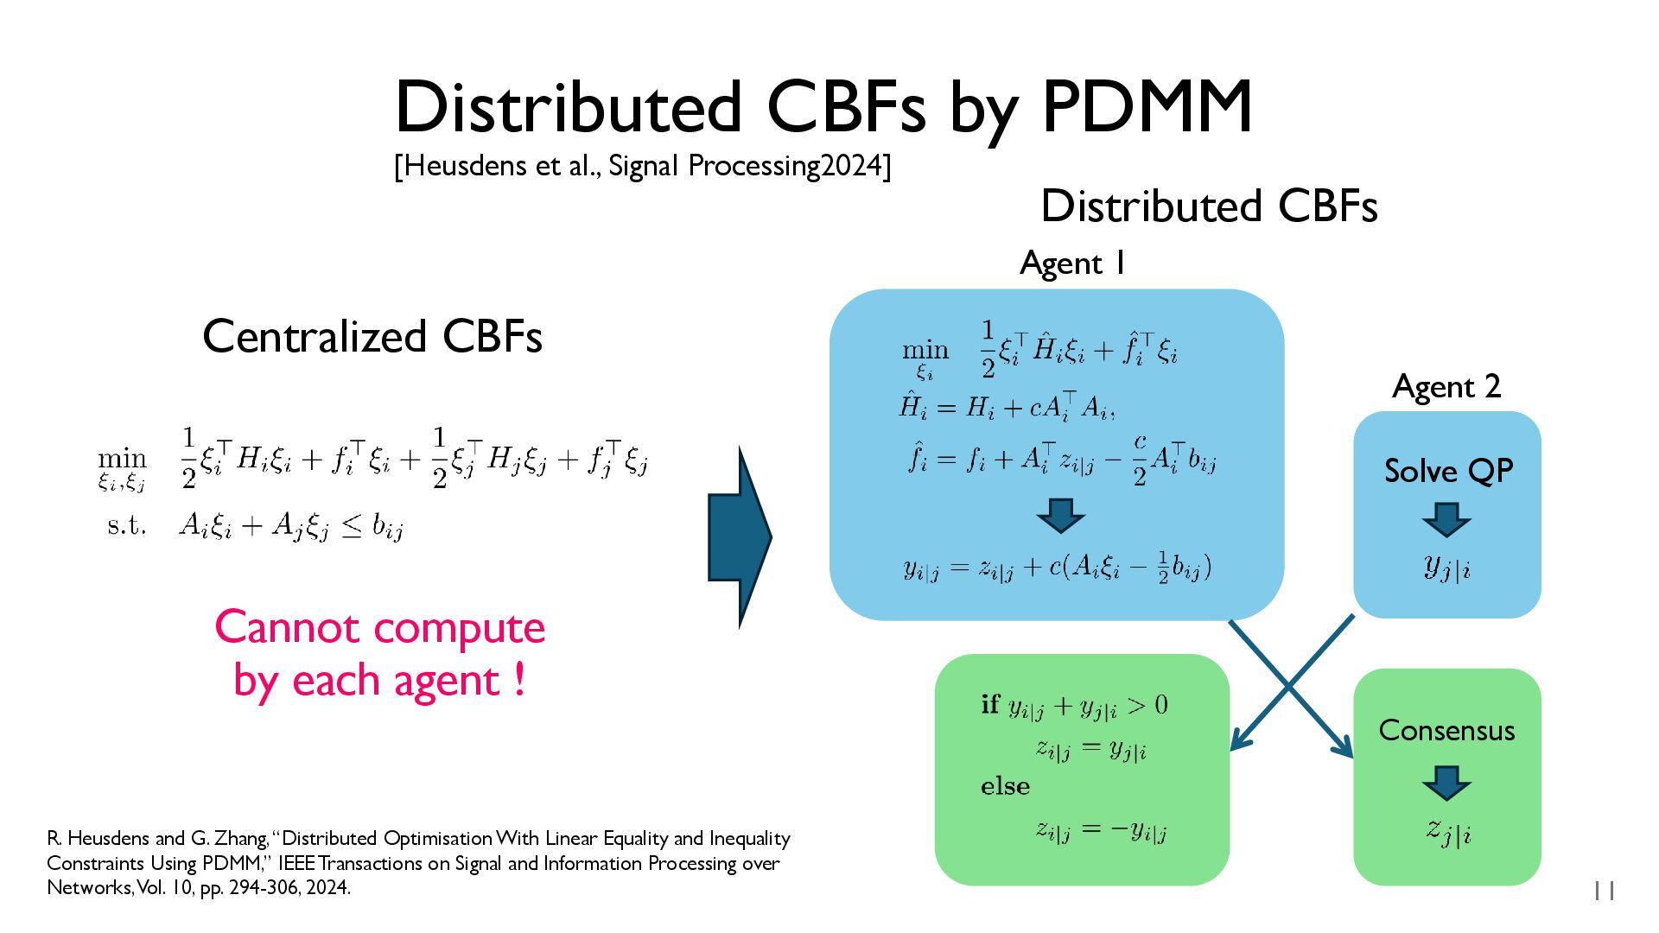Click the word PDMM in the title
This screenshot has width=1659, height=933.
tap(1147, 107)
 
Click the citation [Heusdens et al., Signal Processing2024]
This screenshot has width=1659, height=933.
tap(642, 165)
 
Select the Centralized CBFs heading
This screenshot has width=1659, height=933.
tap(372, 336)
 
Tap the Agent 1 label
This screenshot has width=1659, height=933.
tap(1072, 263)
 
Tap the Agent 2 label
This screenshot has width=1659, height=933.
tap(1446, 386)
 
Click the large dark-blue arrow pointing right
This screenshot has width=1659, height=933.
tap(740, 536)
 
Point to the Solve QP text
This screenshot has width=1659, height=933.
tap(1448, 471)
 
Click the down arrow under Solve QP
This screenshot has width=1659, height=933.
tap(1446, 520)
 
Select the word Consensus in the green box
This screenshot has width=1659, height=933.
tap(1446, 730)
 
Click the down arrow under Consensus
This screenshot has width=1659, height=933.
tap(1446, 783)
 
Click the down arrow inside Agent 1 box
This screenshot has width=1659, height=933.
tap(1060, 516)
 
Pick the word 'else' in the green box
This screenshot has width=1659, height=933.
tap(1005, 786)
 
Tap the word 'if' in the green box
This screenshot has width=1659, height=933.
tap(990, 704)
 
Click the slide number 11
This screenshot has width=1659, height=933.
tap(1604, 891)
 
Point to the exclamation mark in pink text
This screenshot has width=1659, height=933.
tap(518, 679)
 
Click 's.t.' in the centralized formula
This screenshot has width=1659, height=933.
tap(127, 524)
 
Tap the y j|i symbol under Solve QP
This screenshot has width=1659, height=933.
tap(1447, 568)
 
